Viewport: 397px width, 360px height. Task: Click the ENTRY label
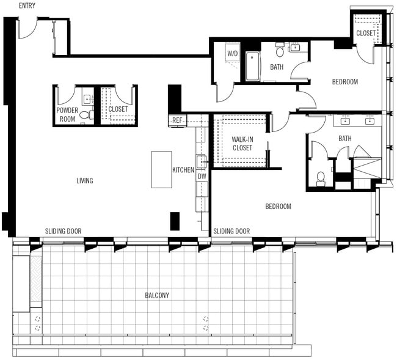pos(27,6)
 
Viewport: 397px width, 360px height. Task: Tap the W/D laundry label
pos(233,54)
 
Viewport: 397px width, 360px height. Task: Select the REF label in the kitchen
pos(177,120)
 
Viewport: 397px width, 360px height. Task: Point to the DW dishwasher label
pos(202,176)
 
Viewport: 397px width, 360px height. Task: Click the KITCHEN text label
pos(183,170)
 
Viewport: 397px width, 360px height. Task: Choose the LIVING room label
pos(85,180)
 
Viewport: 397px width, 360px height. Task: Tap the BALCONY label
pos(157,295)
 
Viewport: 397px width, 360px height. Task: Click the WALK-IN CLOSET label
pos(242,143)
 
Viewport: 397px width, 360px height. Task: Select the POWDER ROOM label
pos(67,114)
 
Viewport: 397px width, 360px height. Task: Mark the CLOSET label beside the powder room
pos(118,109)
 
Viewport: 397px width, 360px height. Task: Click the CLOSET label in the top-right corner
pos(366,33)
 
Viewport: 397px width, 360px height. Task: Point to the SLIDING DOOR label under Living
pos(63,231)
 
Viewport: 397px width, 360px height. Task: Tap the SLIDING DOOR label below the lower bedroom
pos(231,231)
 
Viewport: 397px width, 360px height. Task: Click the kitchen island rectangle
pos(161,169)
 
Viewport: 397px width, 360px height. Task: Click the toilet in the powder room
pos(84,114)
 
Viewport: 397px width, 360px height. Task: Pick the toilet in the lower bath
pos(320,178)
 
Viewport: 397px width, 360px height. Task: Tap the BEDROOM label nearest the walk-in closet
pos(278,207)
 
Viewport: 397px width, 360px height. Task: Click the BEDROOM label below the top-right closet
pos(345,82)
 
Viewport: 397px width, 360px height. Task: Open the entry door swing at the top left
pos(27,28)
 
